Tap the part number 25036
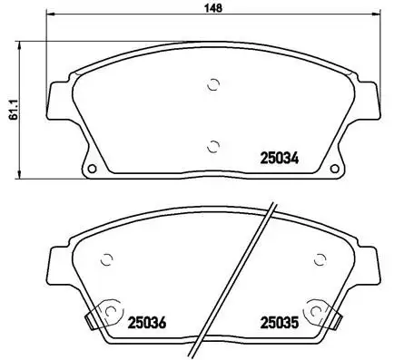146,320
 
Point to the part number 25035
280,320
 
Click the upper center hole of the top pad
213,85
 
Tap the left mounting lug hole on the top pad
92,169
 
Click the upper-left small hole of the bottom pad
107,258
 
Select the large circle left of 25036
110,311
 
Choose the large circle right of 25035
318,311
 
